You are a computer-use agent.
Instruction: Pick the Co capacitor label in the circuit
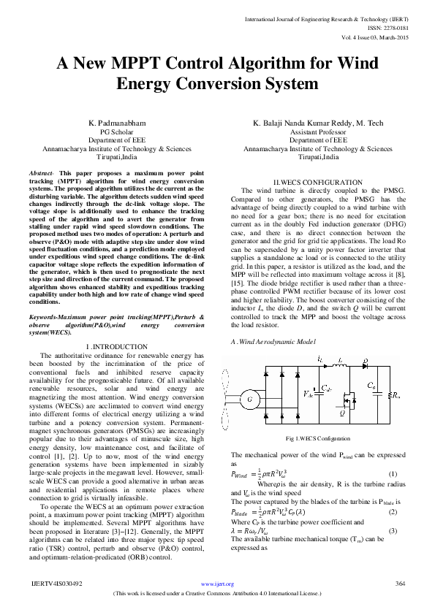coord(372,383)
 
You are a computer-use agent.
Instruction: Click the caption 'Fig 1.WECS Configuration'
coord(317,438)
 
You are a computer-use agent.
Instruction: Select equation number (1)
coord(393,475)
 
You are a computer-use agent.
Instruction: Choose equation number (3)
coord(393,510)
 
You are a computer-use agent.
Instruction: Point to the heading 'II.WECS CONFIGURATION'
coord(317,181)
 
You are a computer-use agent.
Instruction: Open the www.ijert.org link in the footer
coord(216,584)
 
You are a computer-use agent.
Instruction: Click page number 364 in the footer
coord(400,584)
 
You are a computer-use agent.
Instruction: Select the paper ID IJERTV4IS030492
coord(57,584)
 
